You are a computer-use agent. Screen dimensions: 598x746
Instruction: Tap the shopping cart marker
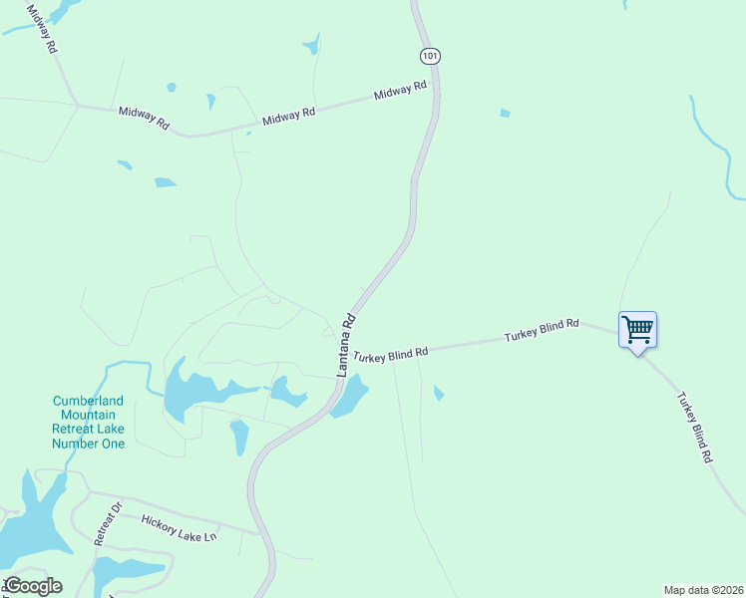pyautogui.click(x=637, y=329)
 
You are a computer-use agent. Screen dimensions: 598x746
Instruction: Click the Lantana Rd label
pyautogui.click(x=345, y=345)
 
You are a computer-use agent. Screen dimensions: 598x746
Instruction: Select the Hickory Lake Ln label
pyautogui.click(x=179, y=527)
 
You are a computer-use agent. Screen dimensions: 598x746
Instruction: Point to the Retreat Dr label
pyautogui.click(x=107, y=523)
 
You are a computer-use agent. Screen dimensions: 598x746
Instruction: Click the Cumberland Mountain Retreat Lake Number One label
pyautogui.click(x=89, y=423)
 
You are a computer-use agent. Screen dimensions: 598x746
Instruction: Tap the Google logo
pyautogui.click(x=32, y=585)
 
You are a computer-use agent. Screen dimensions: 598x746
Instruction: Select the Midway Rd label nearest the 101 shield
pyautogui.click(x=400, y=92)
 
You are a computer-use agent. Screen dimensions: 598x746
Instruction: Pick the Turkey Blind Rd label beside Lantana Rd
pyautogui.click(x=391, y=354)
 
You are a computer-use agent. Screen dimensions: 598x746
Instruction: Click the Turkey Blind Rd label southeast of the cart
pyautogui.click(x=694, y=427)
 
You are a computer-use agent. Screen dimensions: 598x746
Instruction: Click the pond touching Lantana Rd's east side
pyautogui.click(x=350, y=398)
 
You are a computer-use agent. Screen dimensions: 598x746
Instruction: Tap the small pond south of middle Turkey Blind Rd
pyautogui.click(x=439, y=394)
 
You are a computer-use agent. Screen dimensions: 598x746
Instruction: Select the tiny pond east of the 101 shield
pyautogui.click(x=505, y=113)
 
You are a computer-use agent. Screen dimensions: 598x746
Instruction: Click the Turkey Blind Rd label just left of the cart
pyautogui.click(x=542, y=331)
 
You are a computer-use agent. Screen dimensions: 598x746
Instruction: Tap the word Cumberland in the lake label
pyautogui.click(x=89, y=402)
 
